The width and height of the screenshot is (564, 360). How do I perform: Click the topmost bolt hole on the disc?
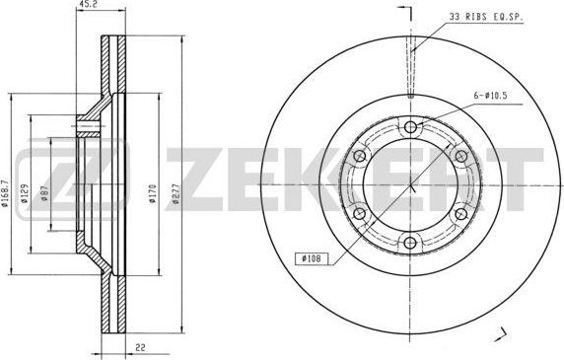click(x=409, y=127)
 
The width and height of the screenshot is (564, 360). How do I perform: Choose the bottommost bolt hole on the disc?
click(x=409, y=242)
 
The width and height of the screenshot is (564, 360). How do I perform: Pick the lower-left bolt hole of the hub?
click(x=359, y=213)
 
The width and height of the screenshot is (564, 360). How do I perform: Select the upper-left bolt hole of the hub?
click(x=359, y=156)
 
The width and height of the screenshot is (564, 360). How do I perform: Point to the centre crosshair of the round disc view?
click(x=409, y=184)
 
